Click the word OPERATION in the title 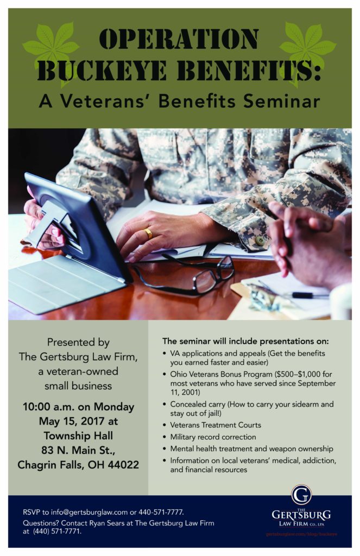(x=179, y=39)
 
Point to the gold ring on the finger (x=148, y=233)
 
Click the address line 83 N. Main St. (x=78, y=450)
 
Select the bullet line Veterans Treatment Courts (x=216, y=425)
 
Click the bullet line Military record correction (x=213, y=437)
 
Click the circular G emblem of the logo (x=301, y=495)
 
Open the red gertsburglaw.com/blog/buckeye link (x=301, y=534)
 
